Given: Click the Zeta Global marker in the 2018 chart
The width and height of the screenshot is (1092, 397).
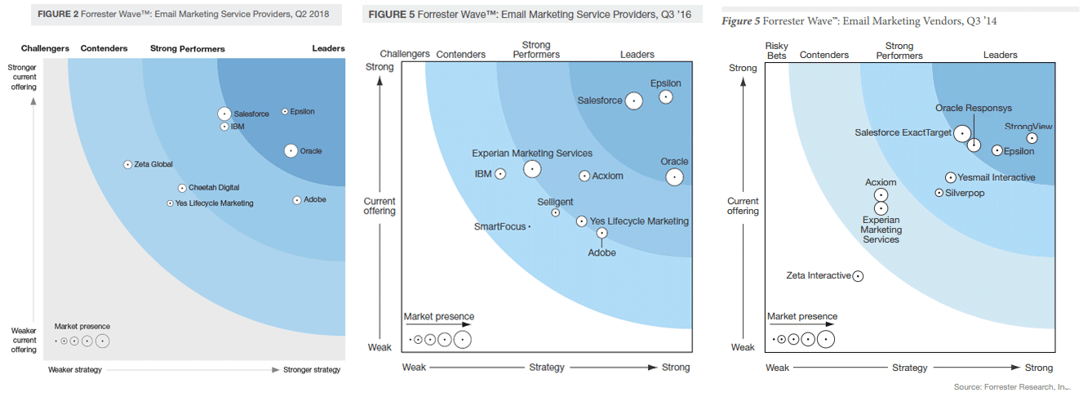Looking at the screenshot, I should click(x=127, y=164).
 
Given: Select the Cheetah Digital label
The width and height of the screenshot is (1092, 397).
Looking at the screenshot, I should click(x=214, y=188).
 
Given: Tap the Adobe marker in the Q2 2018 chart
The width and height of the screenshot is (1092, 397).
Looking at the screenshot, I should click(x=297, y=200).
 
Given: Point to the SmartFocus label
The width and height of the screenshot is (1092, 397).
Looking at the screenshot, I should click(x=500, y=226).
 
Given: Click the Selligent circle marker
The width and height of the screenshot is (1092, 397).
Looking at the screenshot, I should click(x=556, y=212).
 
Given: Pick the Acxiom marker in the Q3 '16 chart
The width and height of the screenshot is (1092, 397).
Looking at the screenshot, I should click(x=584, y=176).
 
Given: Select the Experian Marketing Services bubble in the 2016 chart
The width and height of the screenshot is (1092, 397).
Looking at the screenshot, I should click(x=532, y=169).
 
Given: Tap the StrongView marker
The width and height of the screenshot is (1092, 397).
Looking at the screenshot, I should click(x=1032, y=138).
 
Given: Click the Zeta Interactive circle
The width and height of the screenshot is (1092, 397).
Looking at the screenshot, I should click(x=858, y=276).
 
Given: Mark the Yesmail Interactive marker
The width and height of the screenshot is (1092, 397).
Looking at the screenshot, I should click(x=951, y=177).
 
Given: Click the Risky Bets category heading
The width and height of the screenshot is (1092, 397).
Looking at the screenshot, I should click(x=776, y=51).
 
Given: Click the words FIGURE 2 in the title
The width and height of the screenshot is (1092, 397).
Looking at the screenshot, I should click(x=57, y=14).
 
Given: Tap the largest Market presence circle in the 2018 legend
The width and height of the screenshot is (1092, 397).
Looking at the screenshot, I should click(x=102, y=341).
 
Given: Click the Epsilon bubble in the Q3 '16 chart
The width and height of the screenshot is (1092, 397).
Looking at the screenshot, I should click(x=666, y=97).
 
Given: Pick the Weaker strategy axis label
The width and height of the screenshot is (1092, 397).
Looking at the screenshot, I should click(x=75, y=370).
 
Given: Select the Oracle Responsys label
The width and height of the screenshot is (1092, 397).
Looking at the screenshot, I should click(x=974, y=108).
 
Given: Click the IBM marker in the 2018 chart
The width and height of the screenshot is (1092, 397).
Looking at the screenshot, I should click(x=224, y=127).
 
